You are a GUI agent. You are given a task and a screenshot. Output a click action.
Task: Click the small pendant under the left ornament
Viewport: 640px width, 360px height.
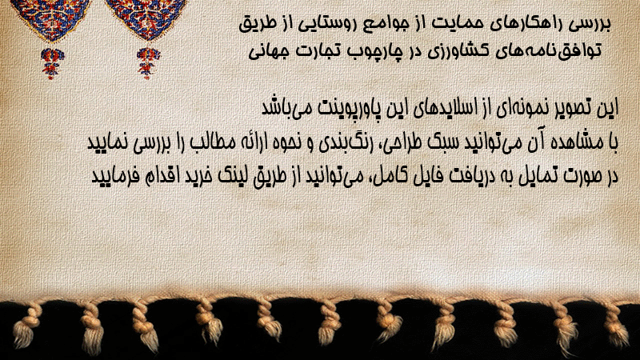pyautogui.click(x=52, y=63)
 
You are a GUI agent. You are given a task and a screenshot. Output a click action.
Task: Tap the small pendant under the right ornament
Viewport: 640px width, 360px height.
pyautogui.click(x=148, y=63)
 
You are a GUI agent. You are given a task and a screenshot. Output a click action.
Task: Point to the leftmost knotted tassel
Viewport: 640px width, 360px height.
pyautogui.click(x=26, y=326)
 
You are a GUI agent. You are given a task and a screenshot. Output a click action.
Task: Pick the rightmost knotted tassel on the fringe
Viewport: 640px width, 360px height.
pyautogui.click(x=615, y=326)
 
